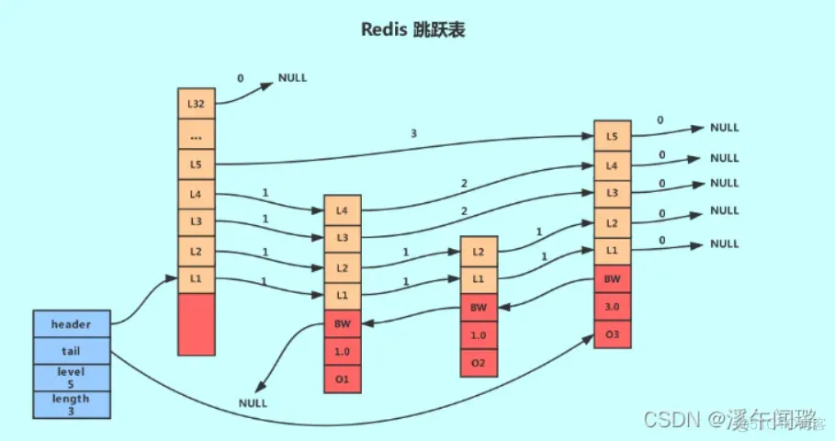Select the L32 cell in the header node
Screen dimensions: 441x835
pyautogui.click(x=195, y=103)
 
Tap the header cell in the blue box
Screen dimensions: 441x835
pyautogui.click(x=71, y=324)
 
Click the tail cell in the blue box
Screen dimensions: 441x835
pyautogui.click(x=71, y=350)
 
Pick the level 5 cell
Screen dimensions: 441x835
pyautogui.click(x=71, y=377)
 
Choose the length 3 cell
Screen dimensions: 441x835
pyautogui.click(x=71, y=403)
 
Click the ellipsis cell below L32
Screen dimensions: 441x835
pyautogui.click(x=195, y=136)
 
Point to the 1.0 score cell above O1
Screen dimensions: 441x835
pyautogui.click(x=342, y=350)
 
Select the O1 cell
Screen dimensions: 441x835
pyautogui.click(x=342, y=378)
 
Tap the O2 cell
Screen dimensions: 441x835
pyautogui.click(x=479, y=362)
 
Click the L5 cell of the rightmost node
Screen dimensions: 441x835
pyautogui.click(x=612, y=136)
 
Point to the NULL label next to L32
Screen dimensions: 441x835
pyautogui.click(x=292, y=78)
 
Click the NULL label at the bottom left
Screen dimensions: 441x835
pyautogui.click(x=253, y=402)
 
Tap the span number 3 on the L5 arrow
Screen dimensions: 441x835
pyautogui.click(x=414, y=133)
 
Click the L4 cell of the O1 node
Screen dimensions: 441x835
pyautogui.click(x=342, y=210)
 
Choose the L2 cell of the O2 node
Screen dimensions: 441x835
pyautogui.click(x=479, y=251)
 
